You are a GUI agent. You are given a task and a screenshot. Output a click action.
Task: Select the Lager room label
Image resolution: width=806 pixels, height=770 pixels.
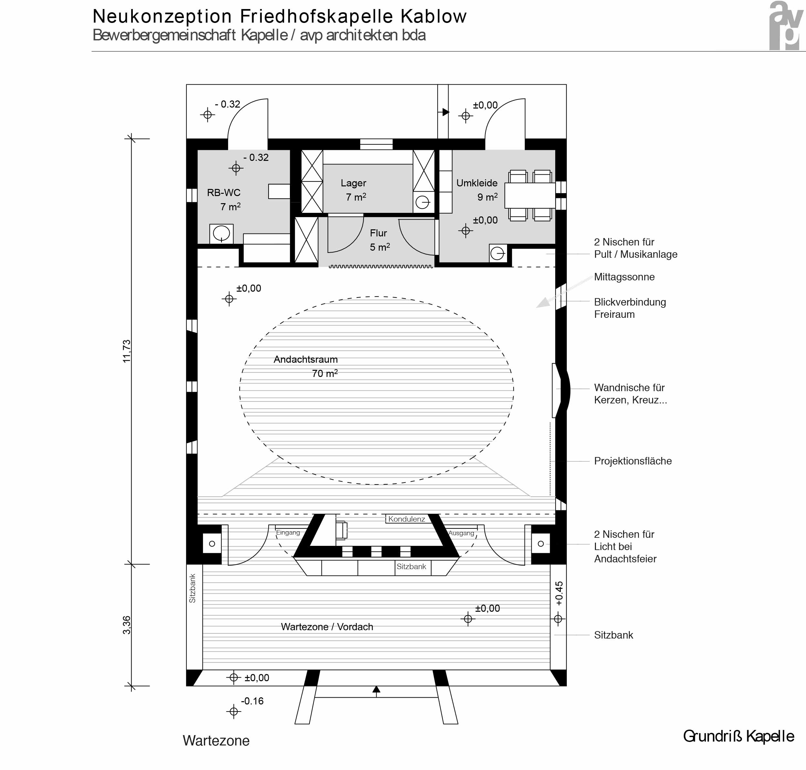[353, 183]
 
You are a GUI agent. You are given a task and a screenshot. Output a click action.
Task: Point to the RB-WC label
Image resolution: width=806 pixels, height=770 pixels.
[223, 192]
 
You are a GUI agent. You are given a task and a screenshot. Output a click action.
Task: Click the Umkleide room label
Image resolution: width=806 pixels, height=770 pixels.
[477, 183]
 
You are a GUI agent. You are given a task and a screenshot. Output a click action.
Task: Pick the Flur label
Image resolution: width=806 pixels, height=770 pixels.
[378, 233]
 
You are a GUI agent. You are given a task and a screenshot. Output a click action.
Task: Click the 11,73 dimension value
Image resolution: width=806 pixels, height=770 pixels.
[126, 351]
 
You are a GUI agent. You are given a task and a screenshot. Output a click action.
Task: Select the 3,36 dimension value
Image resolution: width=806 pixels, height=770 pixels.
[126, 625]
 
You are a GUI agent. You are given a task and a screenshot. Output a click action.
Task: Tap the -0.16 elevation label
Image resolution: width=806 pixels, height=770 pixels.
[252, 701]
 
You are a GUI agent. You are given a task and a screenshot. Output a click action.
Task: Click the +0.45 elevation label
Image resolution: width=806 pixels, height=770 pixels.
[559, 594]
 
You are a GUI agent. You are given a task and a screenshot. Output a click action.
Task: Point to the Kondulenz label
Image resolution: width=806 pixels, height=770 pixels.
[407, 519]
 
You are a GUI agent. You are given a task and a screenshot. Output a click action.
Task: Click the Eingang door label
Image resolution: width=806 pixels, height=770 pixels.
[288, 532]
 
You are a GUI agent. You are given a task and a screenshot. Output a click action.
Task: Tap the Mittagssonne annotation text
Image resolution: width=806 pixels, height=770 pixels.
[624, 277]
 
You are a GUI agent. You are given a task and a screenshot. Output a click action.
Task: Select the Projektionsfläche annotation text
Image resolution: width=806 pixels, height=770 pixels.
[633, 461]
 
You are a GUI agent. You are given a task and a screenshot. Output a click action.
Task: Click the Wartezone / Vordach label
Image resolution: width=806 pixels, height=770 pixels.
[327, 627]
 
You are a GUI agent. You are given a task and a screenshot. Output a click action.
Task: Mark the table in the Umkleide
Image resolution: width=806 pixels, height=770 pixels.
[530, 196]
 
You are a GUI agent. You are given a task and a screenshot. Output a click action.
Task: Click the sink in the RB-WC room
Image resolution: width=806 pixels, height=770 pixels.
[221, 234]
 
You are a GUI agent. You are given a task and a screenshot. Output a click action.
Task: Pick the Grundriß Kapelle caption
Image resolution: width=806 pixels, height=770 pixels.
[738, 736]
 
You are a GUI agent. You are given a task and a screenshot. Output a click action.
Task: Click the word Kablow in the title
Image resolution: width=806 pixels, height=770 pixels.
[434, 16]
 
